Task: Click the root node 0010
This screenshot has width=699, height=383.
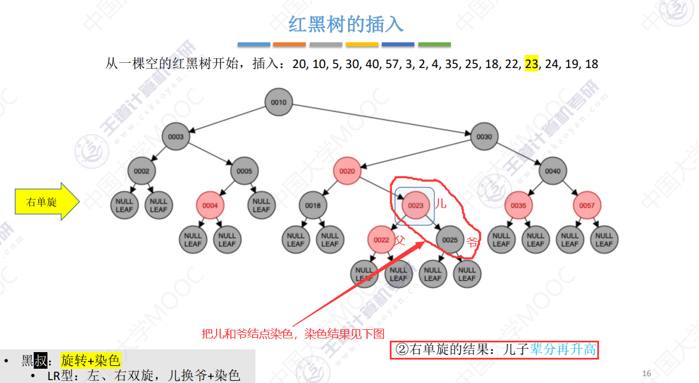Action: click(279, 103)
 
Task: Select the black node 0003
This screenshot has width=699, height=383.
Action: click(176, 137)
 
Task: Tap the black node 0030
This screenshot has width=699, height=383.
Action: click(485, 137)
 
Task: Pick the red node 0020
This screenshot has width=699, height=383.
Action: click(347, 171)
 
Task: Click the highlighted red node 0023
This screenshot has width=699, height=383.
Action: click(416, 205)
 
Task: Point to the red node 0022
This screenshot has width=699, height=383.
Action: click(381, 240)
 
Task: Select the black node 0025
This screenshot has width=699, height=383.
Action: click(450, 240)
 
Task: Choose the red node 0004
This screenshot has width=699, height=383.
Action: click(210, 205)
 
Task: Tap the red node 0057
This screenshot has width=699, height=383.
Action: click(587, 205)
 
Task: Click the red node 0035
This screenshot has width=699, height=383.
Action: click(518, 205)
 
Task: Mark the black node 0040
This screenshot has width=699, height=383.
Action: click(553, 171)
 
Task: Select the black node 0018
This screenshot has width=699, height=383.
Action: click(313, 205)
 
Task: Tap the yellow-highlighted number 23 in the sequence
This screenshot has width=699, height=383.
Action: click(532, 63)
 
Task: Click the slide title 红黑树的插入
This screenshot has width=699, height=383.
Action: click(346, 24)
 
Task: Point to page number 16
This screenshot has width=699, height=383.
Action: click(646, 373)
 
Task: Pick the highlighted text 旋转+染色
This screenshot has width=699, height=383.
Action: click(90, 361)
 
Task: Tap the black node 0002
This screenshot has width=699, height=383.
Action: click(141, 171)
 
